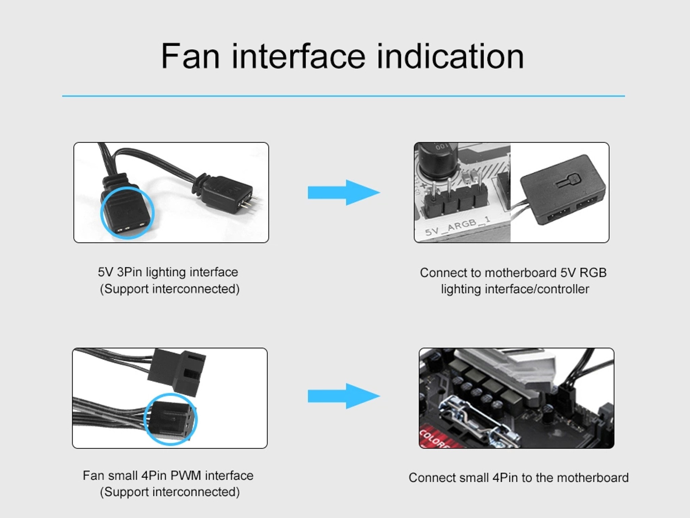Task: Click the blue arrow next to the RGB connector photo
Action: click(344, 193)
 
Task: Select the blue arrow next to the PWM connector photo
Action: click(344, 396)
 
